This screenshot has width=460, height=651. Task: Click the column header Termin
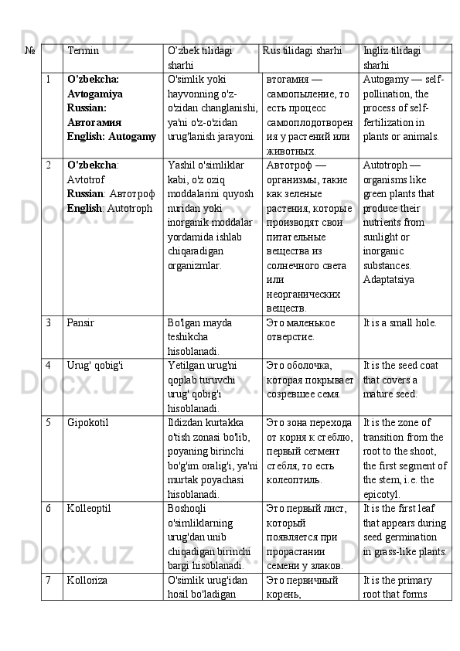click(x=83, y=51)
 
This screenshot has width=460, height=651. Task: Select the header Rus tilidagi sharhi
click(x=302, y=51)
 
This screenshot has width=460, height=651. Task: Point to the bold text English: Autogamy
click(x=111, y=136)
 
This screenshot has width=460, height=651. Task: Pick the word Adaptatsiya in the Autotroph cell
click(x=388, y=280)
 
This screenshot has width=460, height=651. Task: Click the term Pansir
click(x=81, y=322)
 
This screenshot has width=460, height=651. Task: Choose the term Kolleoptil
click(x=89, y=509)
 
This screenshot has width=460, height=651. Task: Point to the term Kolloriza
click(x=87, y=579)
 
